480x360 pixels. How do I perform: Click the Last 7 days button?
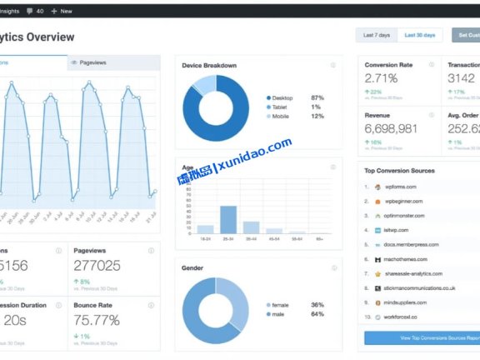pos(377,36)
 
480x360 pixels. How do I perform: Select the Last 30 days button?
pos(420,36)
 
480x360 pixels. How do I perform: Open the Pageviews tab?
pos(92,62)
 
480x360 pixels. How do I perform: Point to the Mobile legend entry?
pos(282,116)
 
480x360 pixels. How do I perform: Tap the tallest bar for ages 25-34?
pos(227,218)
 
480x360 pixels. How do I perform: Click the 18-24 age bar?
pos(205,228)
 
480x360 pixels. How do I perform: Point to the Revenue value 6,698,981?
pos(391,128)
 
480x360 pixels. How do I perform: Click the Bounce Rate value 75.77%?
pos(97,320)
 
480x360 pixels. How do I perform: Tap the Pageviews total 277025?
pos(97,266)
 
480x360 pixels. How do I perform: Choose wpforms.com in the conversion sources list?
pos(400,187)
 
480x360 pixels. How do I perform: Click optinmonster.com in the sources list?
pos(405,215)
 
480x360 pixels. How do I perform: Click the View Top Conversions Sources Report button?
pos(422,338)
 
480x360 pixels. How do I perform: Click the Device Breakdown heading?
pos(209,66)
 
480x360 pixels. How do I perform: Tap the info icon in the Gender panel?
pos(332,268)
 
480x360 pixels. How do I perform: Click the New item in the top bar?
pos(62,11)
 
